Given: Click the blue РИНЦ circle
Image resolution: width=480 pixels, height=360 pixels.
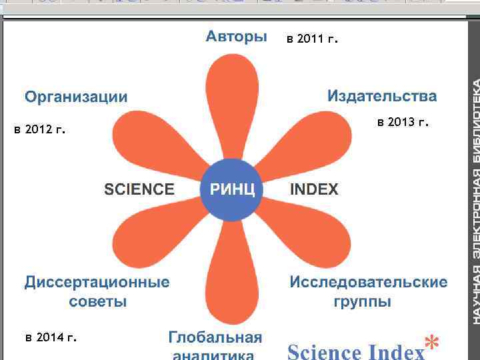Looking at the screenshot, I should pos(233,189).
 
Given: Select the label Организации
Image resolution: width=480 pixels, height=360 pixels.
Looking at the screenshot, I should pos(76,97).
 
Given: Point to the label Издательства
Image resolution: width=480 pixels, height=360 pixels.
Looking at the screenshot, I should pos(382,96).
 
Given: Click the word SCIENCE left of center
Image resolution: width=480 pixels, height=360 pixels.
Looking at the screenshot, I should pos(139,189).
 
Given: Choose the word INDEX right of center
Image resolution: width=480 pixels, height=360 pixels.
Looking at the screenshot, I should pos(314,189).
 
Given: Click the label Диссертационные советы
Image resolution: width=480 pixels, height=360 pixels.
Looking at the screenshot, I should pos(97,291).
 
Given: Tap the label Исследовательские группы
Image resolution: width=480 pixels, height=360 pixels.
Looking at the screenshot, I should pos(368,291).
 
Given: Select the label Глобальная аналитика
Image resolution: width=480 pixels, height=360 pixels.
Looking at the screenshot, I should pos(215,345).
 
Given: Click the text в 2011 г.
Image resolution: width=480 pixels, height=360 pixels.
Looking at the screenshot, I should pos(312,39).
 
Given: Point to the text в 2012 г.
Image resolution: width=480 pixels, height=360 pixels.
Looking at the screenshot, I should pos(39,129).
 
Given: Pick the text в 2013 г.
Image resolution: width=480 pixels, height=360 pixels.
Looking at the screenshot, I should pos(403,122).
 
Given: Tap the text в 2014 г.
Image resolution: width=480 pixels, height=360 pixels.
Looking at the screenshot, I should pos(51,337).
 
